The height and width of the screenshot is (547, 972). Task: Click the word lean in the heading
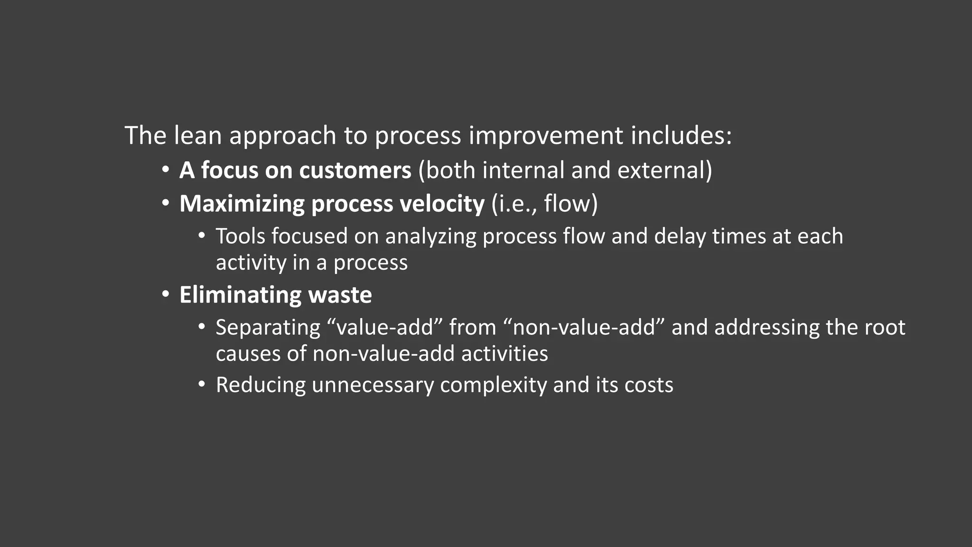point(197,136)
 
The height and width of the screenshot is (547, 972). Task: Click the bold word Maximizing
point(242,204)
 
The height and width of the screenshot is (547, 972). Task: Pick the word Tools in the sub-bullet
point(241,236)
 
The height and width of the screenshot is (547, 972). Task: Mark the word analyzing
point(430,236)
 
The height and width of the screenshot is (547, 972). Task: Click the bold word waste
point(340,295)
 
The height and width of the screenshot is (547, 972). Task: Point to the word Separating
point(268,328)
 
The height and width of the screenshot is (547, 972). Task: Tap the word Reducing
point(261,385)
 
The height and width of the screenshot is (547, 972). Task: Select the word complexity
point(493,385)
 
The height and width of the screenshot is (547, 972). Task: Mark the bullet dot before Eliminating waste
point(165,294)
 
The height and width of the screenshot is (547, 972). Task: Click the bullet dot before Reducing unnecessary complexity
point(202,385)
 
